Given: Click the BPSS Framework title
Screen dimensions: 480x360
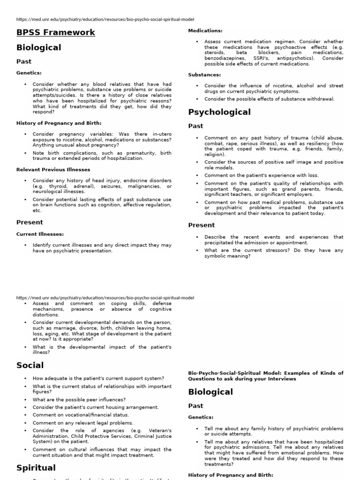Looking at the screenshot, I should [56, 32].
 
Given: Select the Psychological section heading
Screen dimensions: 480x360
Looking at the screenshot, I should [219, 112].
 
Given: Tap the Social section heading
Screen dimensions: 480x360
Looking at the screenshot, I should [30, 365].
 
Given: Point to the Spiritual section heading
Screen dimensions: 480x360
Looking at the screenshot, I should [36, 468].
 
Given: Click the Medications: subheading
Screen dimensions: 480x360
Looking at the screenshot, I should [205, 30].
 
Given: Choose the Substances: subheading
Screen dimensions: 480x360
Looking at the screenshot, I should [204, 75].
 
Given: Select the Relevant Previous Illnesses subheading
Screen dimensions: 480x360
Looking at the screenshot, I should [53, 170].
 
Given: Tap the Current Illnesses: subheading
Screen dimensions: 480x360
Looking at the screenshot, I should [40, 234].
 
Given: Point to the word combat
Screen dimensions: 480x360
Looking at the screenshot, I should [214, 143].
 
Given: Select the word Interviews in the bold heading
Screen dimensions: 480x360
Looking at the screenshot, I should [280, 379].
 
